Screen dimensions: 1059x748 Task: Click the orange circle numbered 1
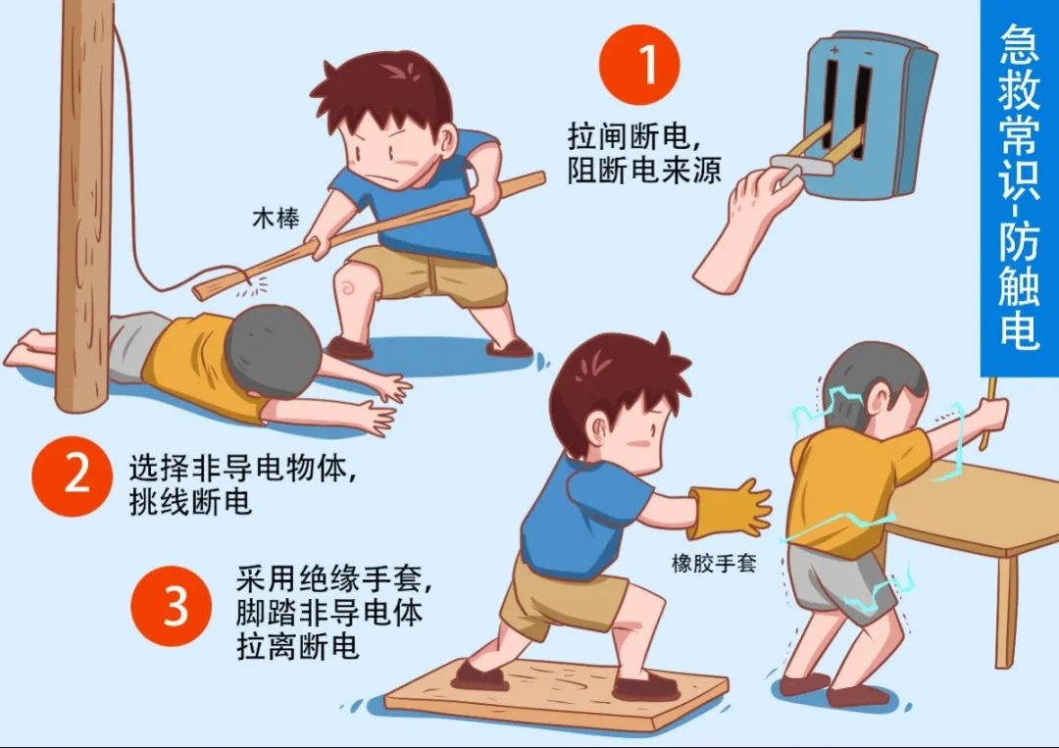[639, 65]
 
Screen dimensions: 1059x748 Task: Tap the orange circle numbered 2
[73, 475]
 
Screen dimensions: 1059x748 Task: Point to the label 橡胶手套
[713, 563]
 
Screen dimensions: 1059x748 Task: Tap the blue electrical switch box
[868, 115]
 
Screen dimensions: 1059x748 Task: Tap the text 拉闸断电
[629, 136]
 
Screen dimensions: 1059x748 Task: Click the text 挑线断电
[190, 502]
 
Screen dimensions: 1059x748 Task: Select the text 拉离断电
[297, 646]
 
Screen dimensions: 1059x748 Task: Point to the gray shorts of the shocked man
[837, 579]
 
